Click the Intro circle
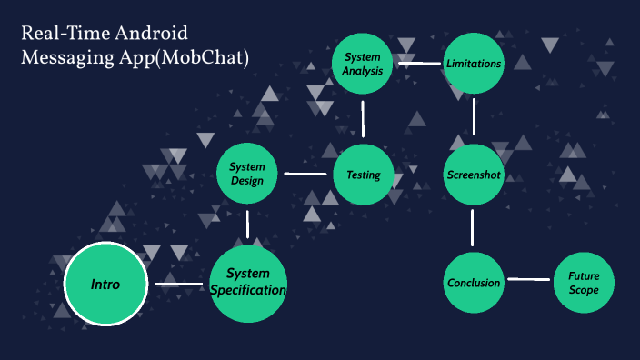(105, 285)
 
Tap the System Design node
(246, 174)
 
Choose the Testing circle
(363, 175)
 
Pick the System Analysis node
(362, 64)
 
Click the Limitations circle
(474, 64)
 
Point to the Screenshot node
(474, 175)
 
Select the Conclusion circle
(474, 282)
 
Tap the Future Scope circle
(584, 282)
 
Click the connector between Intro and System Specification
(179, 285)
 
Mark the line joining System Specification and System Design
(247, 225)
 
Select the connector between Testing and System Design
(305, 174)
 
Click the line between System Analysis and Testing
(363, 119)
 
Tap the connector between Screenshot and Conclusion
(473, 227)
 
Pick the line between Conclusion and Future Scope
(528, 280)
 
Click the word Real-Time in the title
(57, 35)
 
